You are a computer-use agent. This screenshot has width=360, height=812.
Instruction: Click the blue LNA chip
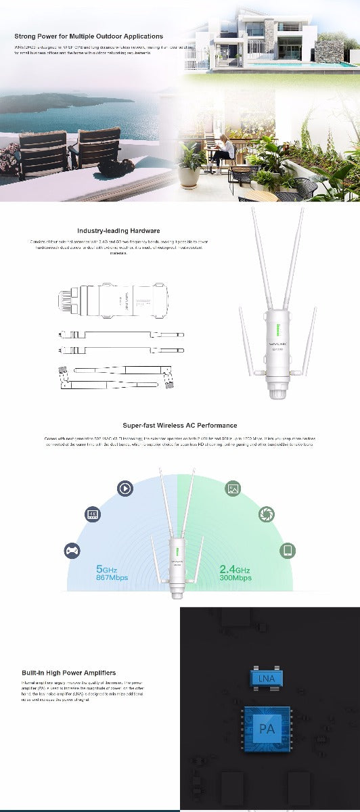point(265,677)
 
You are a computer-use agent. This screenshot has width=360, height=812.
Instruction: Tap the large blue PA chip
point(266,729)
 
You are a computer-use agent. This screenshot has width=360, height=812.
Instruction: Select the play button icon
point(125,488)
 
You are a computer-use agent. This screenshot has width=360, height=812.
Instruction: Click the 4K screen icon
point(93,514)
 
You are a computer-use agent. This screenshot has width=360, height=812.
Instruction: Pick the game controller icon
point(71,550)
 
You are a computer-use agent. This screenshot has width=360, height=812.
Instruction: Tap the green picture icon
point(233,488)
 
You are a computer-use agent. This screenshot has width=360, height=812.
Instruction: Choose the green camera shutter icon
point(267,514)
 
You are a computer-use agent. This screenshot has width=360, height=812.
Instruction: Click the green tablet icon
point(288,550)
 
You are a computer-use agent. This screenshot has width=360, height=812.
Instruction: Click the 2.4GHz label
point(235,569)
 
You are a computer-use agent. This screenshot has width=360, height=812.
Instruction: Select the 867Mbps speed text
point(112,579)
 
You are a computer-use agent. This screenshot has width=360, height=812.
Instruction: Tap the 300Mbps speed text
point(235,579)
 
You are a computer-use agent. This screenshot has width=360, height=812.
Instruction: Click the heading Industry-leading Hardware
point(118,231)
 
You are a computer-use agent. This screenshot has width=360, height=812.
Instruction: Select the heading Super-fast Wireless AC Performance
point(180,426)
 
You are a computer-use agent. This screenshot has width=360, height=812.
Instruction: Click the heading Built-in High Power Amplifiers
point(68,673)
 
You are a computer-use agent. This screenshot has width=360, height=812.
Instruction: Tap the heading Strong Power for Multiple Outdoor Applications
point(89,36)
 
